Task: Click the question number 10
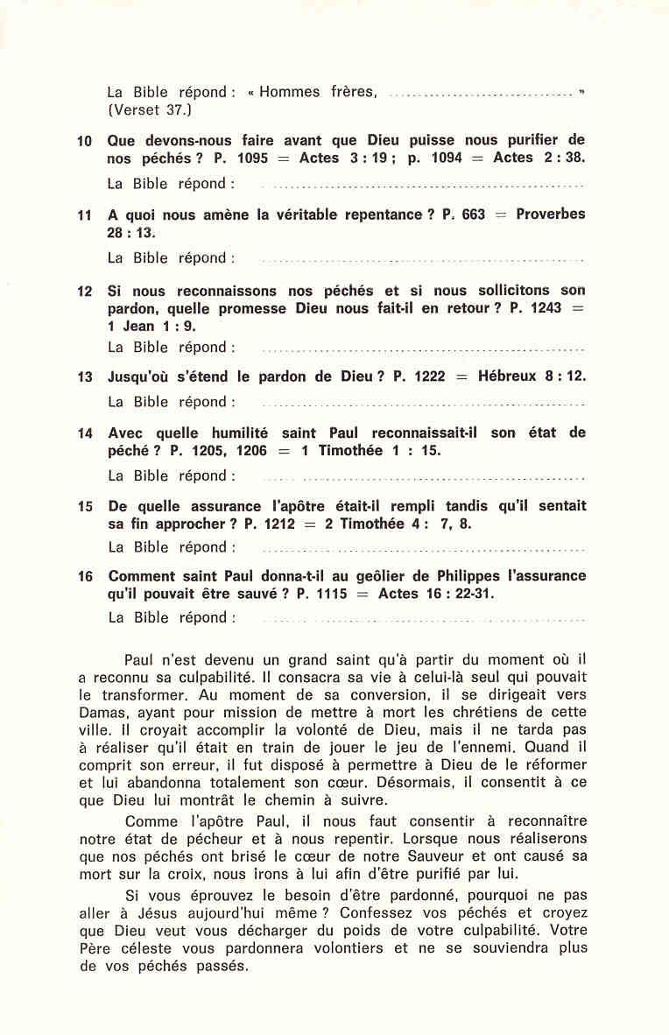coord(84,141)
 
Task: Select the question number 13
coord(84,377)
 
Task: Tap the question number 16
coord(84,577)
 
